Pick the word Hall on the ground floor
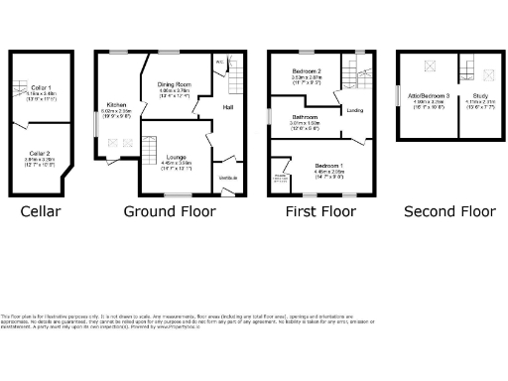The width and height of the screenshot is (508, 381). click(x=227, y=106)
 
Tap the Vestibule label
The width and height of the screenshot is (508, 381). click(x=227, y=178)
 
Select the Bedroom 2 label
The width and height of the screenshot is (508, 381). click(x=306, y=71)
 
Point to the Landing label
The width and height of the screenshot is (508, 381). click(x=352, y=110)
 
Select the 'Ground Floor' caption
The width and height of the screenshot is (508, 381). click(x=164, y=211)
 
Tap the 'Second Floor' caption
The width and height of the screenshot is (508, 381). click(x=449, y=211)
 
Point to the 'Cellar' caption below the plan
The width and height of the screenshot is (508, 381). click(x=41, y=211)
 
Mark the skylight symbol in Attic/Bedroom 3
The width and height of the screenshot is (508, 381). click(x=429, y=65)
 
